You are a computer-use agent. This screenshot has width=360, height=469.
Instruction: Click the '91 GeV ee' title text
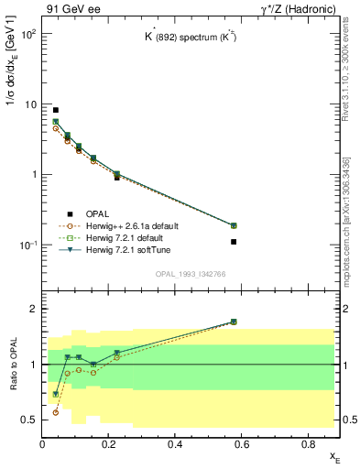(x=70, y=8)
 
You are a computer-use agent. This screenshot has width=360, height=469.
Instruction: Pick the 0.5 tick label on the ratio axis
(x=29, y=420)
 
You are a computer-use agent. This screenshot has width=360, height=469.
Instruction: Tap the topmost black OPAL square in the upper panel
(x=56, y=110)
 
